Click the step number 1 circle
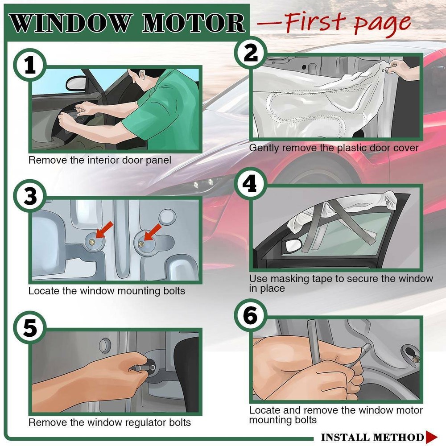[29, 65]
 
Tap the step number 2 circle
[251, 53]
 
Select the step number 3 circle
[29, 196]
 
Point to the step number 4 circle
[251, 184]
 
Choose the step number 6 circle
[251, 315]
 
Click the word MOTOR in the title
[194, 23]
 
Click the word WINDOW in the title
[71, 23]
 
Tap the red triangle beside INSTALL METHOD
[431, 437]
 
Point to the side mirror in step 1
[76, 83]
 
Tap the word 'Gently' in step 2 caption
[264, 148]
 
